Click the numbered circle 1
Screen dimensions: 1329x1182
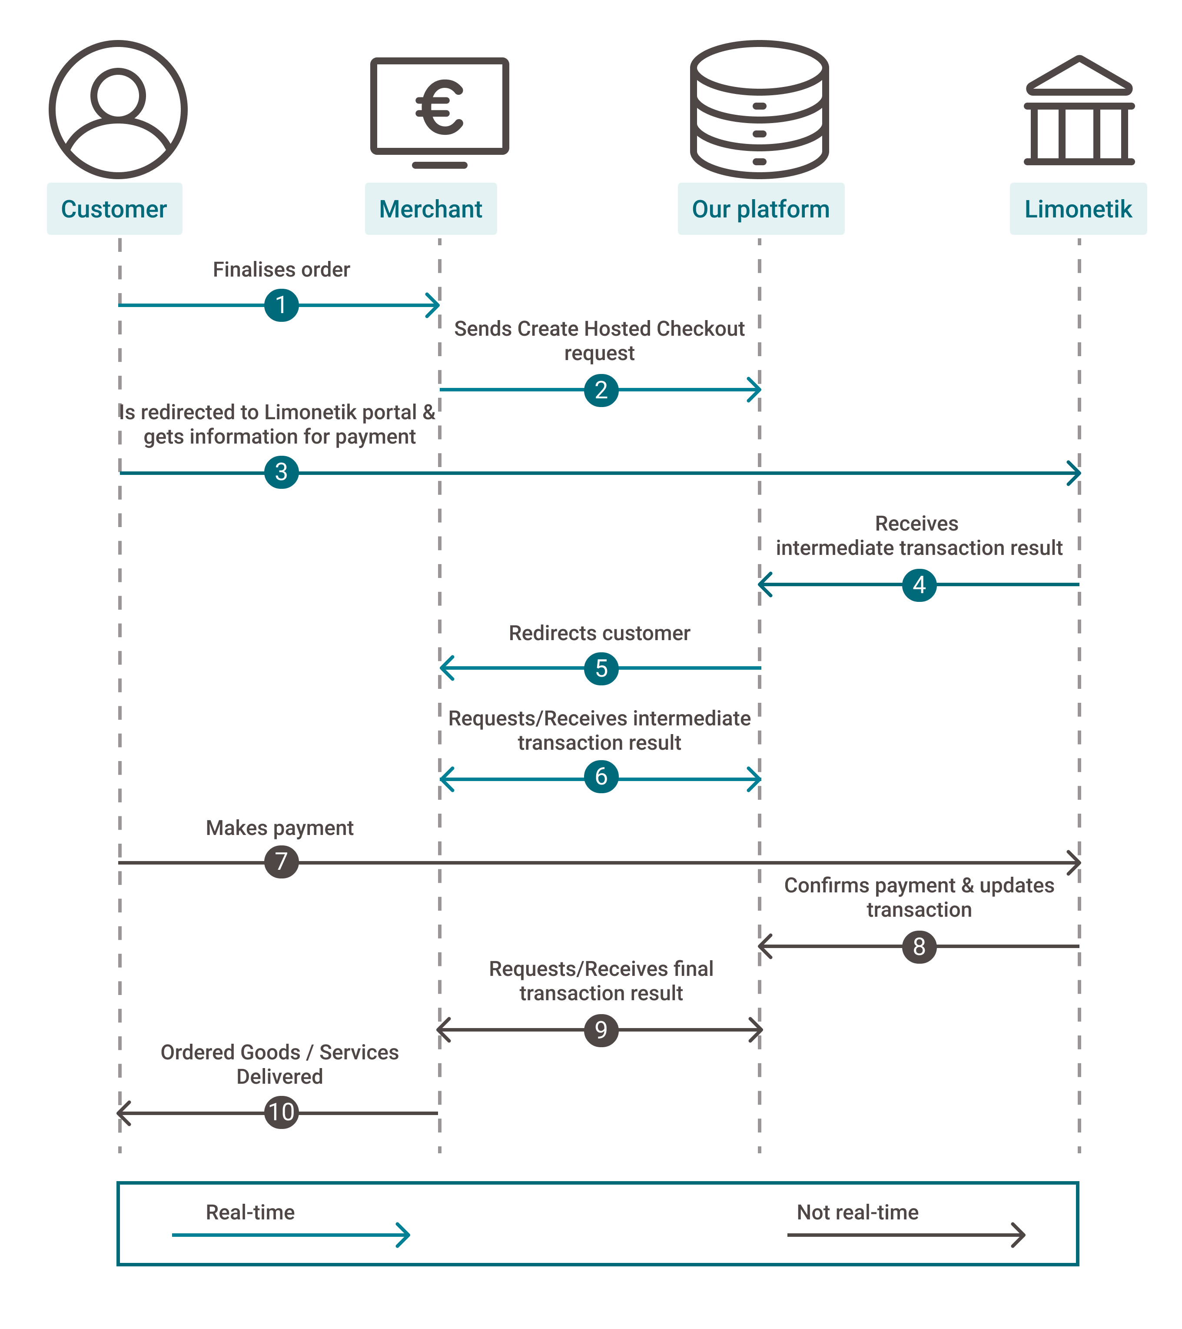coord(281,305)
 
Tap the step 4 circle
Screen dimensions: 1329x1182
coord(919,584)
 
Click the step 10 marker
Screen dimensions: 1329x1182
coord(281,1112)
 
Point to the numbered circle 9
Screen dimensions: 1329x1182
coord(601,1030)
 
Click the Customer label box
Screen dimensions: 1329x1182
coord(114,209)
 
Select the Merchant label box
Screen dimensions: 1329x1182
coord(430,209)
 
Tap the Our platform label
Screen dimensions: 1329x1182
coord(760,209)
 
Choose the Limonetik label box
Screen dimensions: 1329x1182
coord(1078,209)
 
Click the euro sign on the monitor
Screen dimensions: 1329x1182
coord(439,107)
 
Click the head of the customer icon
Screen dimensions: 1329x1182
coord(118,95)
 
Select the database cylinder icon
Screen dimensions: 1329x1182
coord(759,109)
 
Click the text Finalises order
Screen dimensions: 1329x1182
coord(281,269)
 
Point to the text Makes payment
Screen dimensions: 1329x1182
coord(279,828)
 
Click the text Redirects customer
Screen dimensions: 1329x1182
coord(599,633)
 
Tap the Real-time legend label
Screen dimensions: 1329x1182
coord(250,1212)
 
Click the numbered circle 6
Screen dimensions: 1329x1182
coord(601,777)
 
